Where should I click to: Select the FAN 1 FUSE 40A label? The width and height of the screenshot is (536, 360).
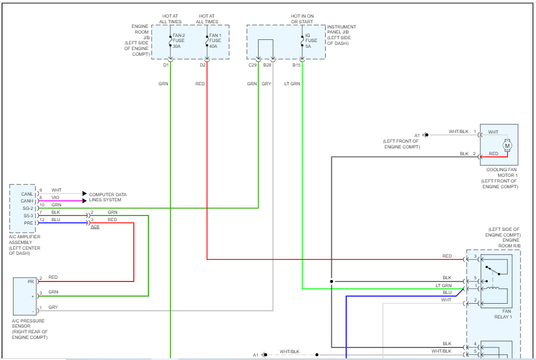(x=215, y=40)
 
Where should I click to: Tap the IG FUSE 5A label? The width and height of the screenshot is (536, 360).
(x=311, y=40)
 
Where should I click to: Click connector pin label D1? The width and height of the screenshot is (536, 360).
(x=166, y=65)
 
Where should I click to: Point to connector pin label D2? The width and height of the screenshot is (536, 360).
(x=203, y=65)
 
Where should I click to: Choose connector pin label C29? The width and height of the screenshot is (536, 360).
(x=252, y=65)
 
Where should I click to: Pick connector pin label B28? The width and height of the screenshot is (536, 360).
(x=267, y=65)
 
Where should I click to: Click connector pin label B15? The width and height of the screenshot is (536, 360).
(x=297, y=65)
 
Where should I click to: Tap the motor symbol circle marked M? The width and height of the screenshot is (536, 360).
(x=508, y=146)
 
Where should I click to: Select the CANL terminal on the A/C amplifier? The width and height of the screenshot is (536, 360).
(x=27, y=194)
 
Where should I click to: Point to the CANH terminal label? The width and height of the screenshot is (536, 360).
(x=27, y=201)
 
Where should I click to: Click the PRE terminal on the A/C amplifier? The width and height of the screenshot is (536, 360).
(x=28, y=223)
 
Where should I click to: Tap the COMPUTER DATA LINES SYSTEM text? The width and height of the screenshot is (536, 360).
(x=108, y=197)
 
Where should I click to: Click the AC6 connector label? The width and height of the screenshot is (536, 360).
(x=95, y=227)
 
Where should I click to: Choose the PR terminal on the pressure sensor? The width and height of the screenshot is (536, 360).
(x=31, y=281)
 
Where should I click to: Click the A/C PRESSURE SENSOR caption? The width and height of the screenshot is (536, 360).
(x=30, y=329)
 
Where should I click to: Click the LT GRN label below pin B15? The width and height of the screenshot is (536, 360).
(x=292, y=84)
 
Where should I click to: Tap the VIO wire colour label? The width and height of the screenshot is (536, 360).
(x=55, y=197)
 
